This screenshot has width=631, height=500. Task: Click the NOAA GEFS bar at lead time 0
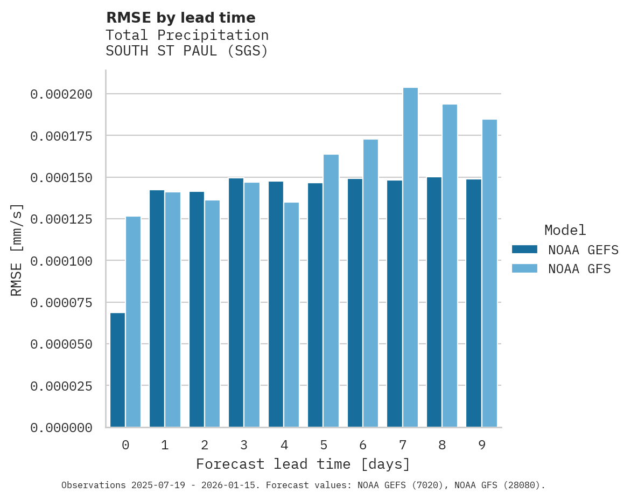[117, 370]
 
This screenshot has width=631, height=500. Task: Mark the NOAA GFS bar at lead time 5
[331, 291]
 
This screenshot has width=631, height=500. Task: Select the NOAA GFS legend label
[579, 269]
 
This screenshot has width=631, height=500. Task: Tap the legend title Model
[565, 231]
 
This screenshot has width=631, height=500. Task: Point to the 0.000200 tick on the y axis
[61, 94]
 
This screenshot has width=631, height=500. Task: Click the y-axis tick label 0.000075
[61, 303]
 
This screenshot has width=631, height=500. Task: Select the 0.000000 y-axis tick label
[61, 428]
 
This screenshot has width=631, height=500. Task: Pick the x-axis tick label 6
[363, 445]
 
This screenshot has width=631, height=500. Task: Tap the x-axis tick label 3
[244, 445]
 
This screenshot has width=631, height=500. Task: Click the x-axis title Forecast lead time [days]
[303, 464]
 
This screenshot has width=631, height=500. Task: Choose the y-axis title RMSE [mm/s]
[17, 249]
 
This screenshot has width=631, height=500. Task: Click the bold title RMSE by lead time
[180, 18]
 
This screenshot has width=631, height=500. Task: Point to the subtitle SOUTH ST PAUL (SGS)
[187, 51]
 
